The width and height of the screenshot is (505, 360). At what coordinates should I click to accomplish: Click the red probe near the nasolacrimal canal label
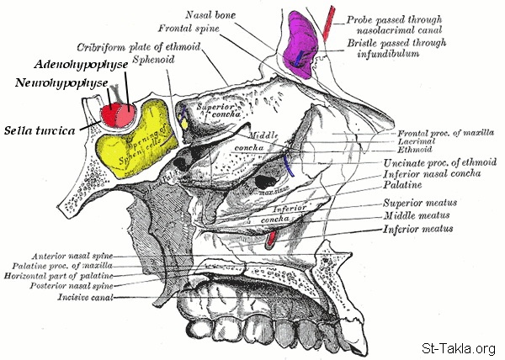tap(329, 23)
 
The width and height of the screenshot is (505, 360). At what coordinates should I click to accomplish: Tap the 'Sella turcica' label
tap(40, 130)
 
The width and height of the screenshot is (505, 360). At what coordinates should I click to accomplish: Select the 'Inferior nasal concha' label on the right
tap(433, 174)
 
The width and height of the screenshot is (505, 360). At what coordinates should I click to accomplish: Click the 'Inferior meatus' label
tap(418, 229)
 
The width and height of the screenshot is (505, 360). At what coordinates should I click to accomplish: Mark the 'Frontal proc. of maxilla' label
tap(445, 134)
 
